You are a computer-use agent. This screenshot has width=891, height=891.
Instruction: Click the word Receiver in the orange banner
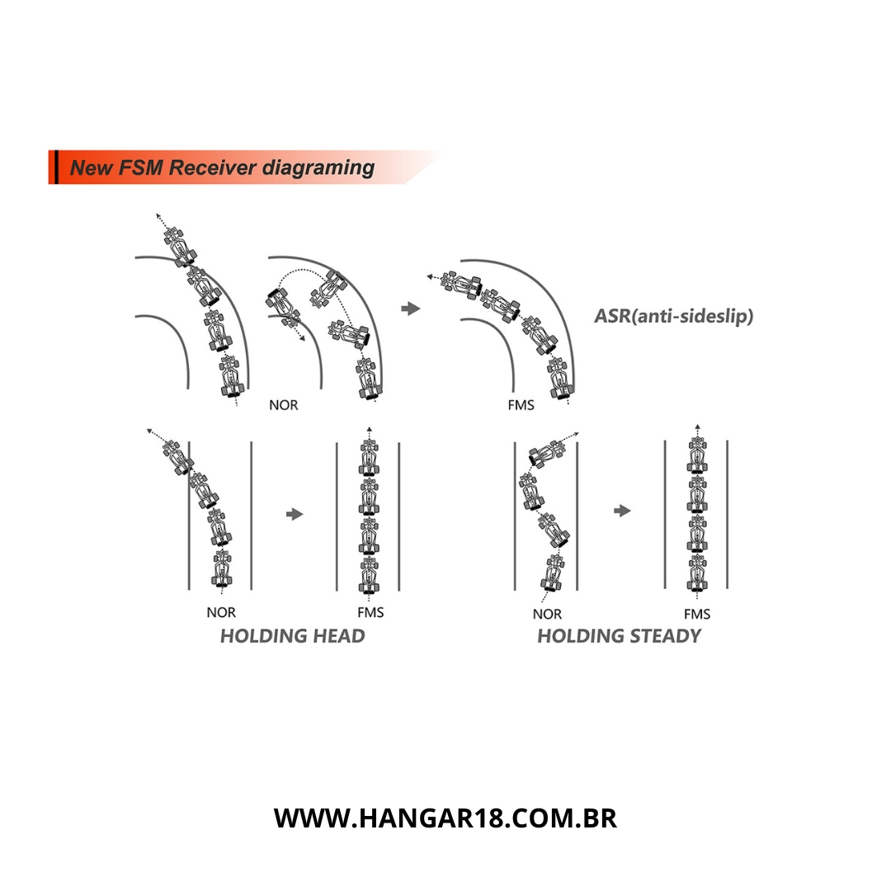pos(213,167)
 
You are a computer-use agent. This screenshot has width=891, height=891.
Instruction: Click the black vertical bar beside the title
pos(55,167)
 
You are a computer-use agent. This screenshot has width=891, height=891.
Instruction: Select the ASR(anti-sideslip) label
pos(673,316)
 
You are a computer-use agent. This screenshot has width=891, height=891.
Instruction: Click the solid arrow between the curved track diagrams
pos(410,309)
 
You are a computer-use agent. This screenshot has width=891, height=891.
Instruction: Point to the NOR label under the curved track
pos(284,405)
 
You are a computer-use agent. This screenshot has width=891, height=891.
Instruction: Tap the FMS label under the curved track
pos(521,405)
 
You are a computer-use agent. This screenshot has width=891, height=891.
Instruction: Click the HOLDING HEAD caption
pos(293,636)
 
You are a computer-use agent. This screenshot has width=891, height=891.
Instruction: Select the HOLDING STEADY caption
pos(619,636)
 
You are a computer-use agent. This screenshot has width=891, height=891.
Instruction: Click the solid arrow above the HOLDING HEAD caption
pos(295,514)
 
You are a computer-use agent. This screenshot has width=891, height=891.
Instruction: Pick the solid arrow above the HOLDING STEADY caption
pos(622,511)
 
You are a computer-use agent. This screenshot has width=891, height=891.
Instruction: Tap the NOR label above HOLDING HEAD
pos(221,612)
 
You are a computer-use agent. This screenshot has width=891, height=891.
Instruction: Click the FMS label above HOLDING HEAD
pos(370,612)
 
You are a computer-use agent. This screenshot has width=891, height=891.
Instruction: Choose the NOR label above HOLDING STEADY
pos(547,615)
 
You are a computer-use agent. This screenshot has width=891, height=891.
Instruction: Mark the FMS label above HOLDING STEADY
pos(697,615)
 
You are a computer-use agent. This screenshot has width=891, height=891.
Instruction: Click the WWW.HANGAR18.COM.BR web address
pos(445,818)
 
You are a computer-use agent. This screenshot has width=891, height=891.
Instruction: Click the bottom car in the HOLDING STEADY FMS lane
pos(697,573)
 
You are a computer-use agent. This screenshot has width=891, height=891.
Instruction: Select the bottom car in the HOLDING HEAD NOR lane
pos(222,568)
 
